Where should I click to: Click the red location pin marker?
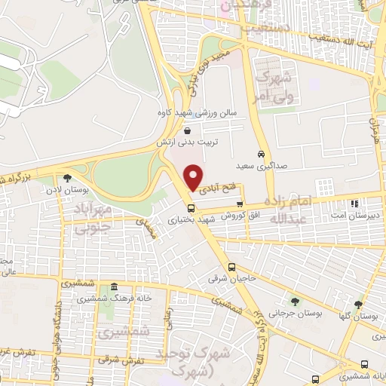tap(194, 178)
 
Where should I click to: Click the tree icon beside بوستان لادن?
tap(67, 178)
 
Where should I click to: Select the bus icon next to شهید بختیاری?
tap(191, 207)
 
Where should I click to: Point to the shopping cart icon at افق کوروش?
tap(240, 204)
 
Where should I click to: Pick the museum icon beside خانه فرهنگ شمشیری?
tap(113, 286)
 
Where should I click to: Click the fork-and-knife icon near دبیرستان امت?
tap(354, 204)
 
